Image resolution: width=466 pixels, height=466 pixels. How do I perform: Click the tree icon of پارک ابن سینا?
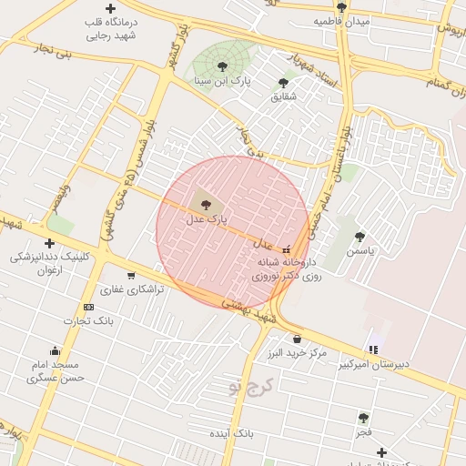pyautogui.click(x=222, y=66)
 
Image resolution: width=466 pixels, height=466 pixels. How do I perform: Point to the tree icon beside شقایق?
pyautogui.click(x=283, y=83)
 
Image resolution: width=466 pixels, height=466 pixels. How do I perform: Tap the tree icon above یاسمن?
pyautogui.click(x=360, y=236)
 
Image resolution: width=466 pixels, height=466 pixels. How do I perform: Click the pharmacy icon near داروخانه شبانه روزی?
pyautogui.click(x=288, y=248)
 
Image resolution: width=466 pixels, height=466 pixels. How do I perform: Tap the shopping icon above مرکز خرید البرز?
pyautogui.click(x=297, y=339)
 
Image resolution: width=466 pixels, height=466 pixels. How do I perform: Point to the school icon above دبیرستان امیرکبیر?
pyautogui.click(x=372, y=349)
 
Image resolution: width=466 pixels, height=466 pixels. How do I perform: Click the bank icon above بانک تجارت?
pyautogui.click(x=88, y=307)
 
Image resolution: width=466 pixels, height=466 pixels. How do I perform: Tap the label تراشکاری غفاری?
pyautogui.click(x=132, y=289)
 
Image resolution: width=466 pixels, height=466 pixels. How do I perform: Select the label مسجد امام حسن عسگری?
pyautogui.click(x=56, y=370)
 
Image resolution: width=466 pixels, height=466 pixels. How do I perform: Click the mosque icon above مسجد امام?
pyautogui.click(x=56, y=351)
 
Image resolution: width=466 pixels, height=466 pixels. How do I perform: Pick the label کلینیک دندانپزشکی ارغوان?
pyautogui.click(x=50, y=263)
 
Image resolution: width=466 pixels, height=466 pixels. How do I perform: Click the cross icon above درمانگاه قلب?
pyautogui.click(x=110, y=8)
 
